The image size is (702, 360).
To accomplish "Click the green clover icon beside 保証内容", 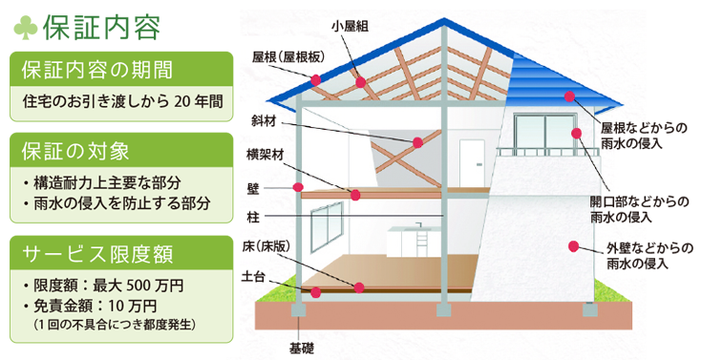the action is (x=25, y=28).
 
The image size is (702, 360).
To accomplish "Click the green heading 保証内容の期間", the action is (x=96, y=71).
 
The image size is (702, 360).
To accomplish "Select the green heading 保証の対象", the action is (x=75, y=151).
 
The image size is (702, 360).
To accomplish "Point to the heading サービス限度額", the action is (x=97, y=255).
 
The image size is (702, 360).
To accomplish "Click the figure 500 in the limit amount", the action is (x=136, y=286).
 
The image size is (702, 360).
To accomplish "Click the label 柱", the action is (x=253, y=218).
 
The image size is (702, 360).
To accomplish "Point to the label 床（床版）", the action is (x=266, y=246).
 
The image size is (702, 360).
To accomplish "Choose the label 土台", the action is (x=253, y=276).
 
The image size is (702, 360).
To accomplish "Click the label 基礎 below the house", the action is (x=301, y=349).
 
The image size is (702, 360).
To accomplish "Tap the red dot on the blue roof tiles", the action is (x=569, y=96).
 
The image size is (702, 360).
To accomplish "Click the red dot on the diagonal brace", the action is (x=417, y=143).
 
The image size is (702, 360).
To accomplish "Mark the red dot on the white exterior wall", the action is (x=573, y=246).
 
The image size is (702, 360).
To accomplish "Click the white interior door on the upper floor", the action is (x=472, y=163).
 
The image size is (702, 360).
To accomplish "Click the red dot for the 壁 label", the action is (x=298, y=187).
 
